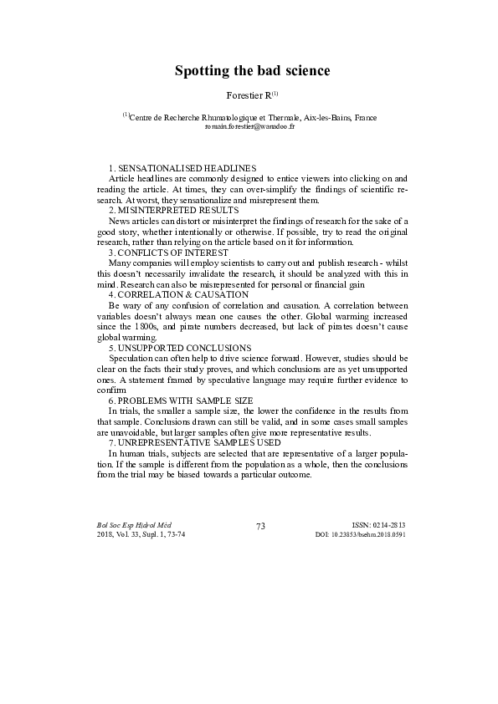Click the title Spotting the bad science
252,71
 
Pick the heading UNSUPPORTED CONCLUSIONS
185,347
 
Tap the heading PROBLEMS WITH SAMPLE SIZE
187,400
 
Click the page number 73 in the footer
260,526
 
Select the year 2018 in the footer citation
106,534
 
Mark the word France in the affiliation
365,119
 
